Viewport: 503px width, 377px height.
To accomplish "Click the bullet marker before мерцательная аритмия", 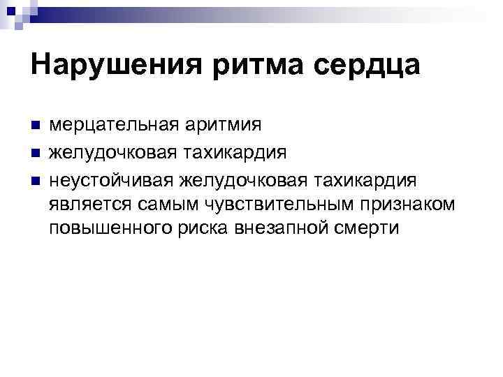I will tap(36, 126).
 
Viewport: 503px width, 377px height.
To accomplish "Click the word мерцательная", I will tap(114, 126).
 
